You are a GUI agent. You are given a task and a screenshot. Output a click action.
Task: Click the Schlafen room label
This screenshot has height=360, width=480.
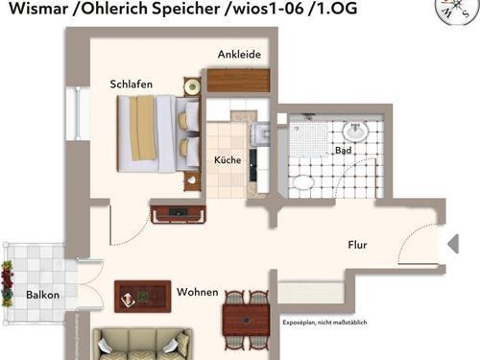[132, 84]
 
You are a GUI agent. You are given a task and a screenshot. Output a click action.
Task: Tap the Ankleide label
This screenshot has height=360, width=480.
[239, 55]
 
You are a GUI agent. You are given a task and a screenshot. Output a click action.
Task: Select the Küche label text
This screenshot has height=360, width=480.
[227, 159]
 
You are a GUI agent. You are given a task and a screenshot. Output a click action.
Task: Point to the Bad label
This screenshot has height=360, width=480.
[343, 152]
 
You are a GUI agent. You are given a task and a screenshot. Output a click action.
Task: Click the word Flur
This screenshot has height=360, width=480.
[357, 245]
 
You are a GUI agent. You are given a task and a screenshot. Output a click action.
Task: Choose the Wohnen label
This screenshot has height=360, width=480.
[198, 292]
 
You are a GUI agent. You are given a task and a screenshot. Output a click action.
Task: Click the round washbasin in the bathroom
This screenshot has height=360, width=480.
[355, 131]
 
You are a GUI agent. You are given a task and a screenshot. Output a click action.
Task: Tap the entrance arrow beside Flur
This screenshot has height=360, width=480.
[453, 244]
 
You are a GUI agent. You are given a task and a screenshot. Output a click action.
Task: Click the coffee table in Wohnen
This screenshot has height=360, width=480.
[142, 296]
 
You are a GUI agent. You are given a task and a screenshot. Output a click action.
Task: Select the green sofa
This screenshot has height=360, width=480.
[141, 344]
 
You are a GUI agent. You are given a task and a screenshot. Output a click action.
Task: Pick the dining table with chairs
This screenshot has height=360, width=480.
[246, 315]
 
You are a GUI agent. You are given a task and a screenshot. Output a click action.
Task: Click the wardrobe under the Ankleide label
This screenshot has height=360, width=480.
[237, 80]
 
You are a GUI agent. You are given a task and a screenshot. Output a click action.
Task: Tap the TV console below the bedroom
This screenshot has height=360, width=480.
[178, 213]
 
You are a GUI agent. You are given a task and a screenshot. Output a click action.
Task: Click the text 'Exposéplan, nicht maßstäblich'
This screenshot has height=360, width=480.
[324, 323]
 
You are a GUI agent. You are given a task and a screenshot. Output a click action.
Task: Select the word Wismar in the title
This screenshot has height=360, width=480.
[35, 13]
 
